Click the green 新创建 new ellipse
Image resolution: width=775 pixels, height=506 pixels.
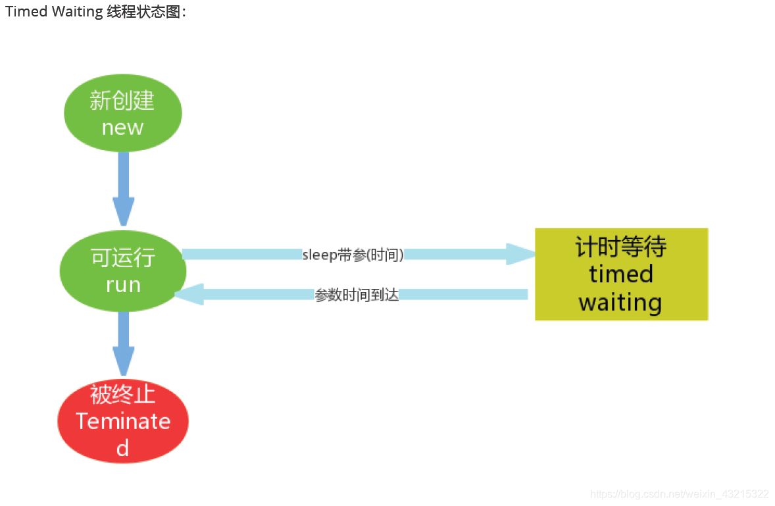click(x=123, y=113)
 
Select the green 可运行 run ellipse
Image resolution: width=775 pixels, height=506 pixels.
click(x=123, y=270)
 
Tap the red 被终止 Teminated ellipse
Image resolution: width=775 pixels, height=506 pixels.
click(x=123, y=421)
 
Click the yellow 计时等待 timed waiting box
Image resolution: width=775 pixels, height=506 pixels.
click(x=621, y=274)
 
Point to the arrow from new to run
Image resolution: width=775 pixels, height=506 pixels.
click(x=123, y=188)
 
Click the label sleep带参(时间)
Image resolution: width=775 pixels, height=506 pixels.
click(x=353, y=255)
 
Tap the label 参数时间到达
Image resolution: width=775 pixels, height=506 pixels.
click(x=357, y=295)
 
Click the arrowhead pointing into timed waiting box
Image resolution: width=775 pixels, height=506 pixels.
click(x=522, y=254)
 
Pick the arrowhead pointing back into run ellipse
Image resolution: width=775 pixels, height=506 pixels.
click(x=189, y=294)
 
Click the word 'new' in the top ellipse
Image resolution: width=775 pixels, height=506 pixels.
click(x=123, y=127)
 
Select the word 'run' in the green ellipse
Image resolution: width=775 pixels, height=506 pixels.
click(x=123, y=284)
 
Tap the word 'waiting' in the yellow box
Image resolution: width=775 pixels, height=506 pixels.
click(x=620, y=303)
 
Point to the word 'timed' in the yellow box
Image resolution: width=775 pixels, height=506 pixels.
click(x=621, y=274)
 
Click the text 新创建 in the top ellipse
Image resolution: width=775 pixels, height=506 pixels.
click(x=123, y=101)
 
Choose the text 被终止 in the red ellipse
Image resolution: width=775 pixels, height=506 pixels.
click(x=123, y=394)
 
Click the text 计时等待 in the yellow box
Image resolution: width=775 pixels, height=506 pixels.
click(x=621, y=247)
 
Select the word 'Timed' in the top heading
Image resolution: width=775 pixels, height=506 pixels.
click(x=22, y=12)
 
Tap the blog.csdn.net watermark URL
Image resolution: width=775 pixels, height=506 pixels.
click(x=679, y=493)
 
